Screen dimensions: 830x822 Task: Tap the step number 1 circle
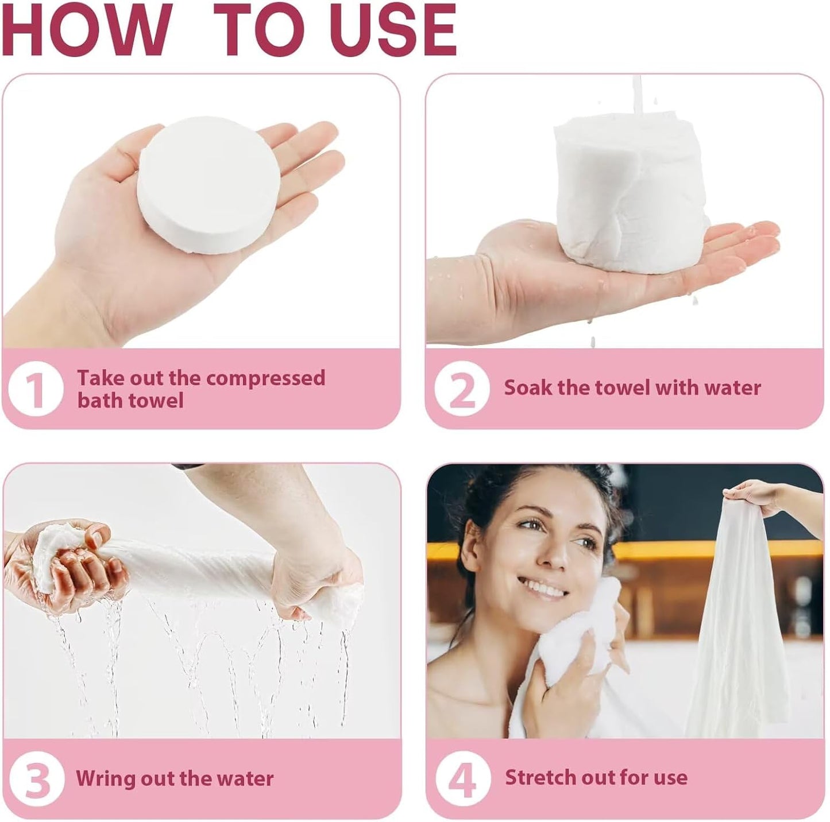tap(35, 389)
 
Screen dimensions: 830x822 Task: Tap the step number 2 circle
tap(461, 389)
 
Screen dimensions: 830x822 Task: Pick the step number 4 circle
tap(462, 778)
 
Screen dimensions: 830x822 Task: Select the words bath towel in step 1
tap(130, 401)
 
